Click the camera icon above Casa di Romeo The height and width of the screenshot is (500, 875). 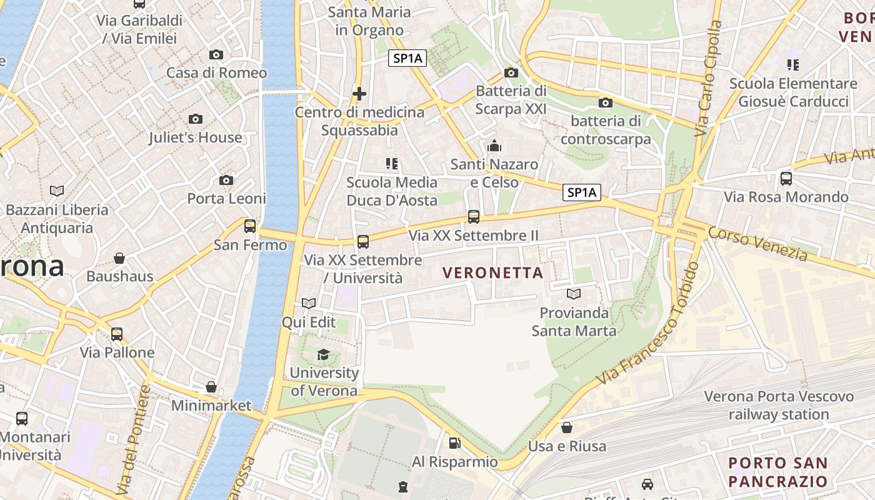pos(216,54)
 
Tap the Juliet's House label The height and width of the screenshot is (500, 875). pos(195,137)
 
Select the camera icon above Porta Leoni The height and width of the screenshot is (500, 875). pos(226,181)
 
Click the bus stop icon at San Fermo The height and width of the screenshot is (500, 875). pos(250,226)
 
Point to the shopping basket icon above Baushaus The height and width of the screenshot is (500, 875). pos(119,258)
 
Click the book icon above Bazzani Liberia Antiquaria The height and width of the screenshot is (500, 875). pos(57,191)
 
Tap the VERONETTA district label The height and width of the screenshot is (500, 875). pos(492,273)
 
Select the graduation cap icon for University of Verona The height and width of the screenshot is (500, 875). pos(323,354)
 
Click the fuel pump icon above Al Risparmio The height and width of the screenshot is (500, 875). pos(455,443)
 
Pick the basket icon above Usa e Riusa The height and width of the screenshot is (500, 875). pos(567,427)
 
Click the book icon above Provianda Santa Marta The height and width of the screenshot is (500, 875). pos(573,293)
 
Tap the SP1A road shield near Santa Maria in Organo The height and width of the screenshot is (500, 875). pos(407,59)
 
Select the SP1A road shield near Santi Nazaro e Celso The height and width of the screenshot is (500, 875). pos(582,192)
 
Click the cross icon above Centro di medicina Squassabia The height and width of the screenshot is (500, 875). pos(359,94)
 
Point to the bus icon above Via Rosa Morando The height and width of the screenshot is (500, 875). pos(786,179)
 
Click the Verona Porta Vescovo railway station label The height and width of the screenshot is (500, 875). pos(779,405)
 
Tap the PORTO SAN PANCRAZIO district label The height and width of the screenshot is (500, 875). pos(778,472)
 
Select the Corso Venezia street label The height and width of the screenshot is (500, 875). pos(757,243)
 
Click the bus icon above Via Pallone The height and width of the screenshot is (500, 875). pos(117,334)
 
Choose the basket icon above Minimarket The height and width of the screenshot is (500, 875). pos(211,387)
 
